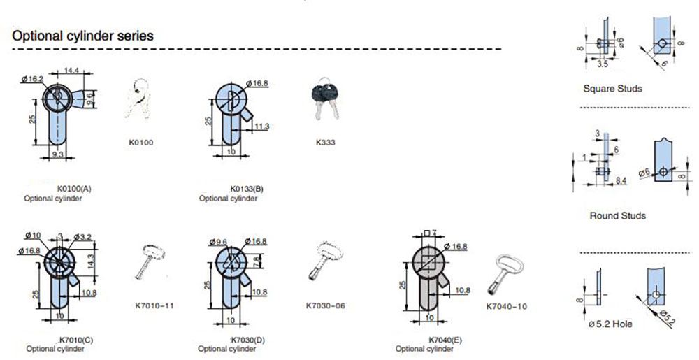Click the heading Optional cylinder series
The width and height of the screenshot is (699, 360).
(83, 36)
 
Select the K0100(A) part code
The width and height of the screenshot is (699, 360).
(74, 189)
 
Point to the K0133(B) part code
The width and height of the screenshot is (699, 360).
(246, 189)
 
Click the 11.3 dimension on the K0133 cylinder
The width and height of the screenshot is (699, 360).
(262, 126)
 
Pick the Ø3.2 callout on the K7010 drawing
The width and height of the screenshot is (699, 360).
(85, 237)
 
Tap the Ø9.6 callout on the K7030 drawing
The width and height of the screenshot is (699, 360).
(219, 242)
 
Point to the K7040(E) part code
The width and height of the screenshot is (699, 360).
(445, 339)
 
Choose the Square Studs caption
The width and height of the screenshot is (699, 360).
(612, 89)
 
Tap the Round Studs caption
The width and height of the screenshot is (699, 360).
(617, 216)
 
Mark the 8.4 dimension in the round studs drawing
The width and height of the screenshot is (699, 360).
(621, 180)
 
